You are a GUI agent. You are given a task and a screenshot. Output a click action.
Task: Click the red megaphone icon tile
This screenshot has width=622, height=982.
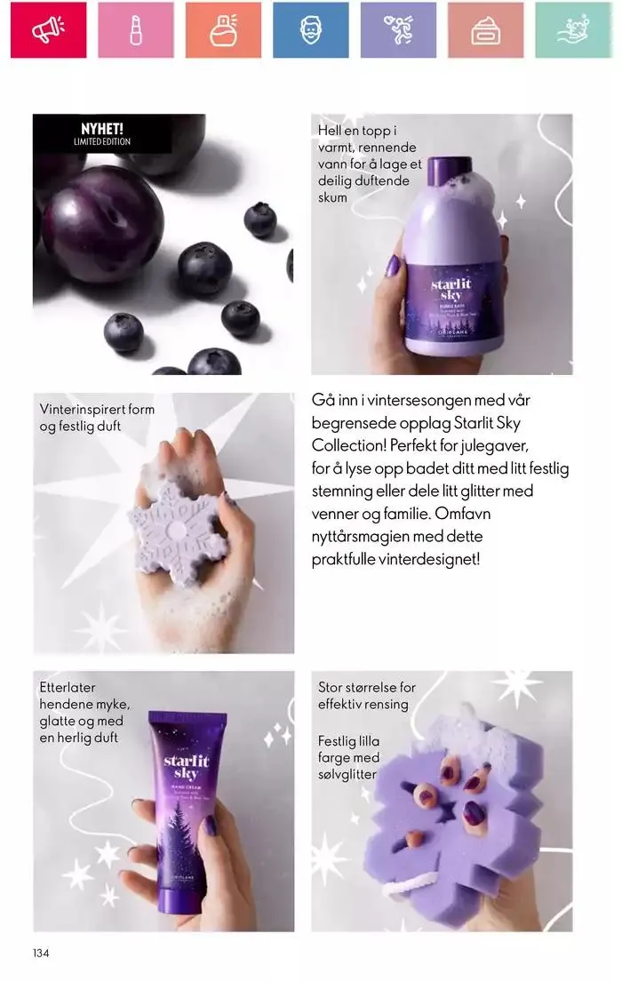[x=48, y=30]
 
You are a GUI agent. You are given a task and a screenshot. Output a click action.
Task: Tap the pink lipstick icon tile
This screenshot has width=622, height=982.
[x=135, y=30]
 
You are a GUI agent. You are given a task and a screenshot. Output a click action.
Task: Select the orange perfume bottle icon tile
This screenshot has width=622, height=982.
[x=223, y=30]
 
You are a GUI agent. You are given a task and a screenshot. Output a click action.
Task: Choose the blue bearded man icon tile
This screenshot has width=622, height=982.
[x=310, y=30]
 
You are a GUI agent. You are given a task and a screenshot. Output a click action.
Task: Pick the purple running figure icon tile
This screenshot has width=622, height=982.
[x=398, y=30]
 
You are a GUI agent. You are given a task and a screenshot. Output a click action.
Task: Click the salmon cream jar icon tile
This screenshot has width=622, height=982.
[x=485, y=30]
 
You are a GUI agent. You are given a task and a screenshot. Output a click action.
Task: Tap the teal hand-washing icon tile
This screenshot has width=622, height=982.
[x=573, y=30]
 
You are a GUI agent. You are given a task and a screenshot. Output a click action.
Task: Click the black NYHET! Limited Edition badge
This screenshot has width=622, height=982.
[x=102, y=134]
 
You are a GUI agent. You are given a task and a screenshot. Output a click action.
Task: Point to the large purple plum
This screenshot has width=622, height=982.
[x=102, y=219]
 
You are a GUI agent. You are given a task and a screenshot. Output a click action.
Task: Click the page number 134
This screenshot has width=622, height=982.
[x=41, y=954]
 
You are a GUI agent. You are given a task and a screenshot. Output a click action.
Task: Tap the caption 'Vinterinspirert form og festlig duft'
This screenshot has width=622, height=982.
[x=97, y=418]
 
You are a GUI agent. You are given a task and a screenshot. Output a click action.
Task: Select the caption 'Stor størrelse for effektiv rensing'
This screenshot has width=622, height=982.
[x=366, y=696]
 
